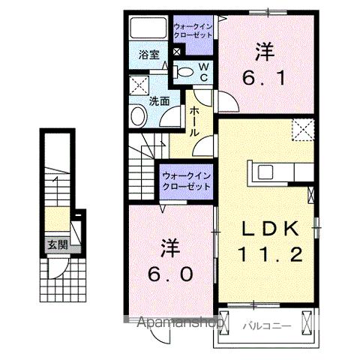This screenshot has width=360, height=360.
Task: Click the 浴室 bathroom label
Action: tap(149, 55)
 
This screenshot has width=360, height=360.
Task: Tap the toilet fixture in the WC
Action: tap(183, 72)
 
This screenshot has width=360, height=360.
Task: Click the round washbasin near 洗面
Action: tap(138, 115)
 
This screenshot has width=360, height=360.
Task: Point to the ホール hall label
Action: tap(193, 121)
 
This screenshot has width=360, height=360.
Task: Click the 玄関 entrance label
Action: tap(56, 244)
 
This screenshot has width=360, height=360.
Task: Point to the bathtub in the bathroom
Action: tap(149, 28)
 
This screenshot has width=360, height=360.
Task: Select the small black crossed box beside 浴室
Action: tap(177, 52)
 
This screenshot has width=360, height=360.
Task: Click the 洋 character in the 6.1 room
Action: tap(264, 51)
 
